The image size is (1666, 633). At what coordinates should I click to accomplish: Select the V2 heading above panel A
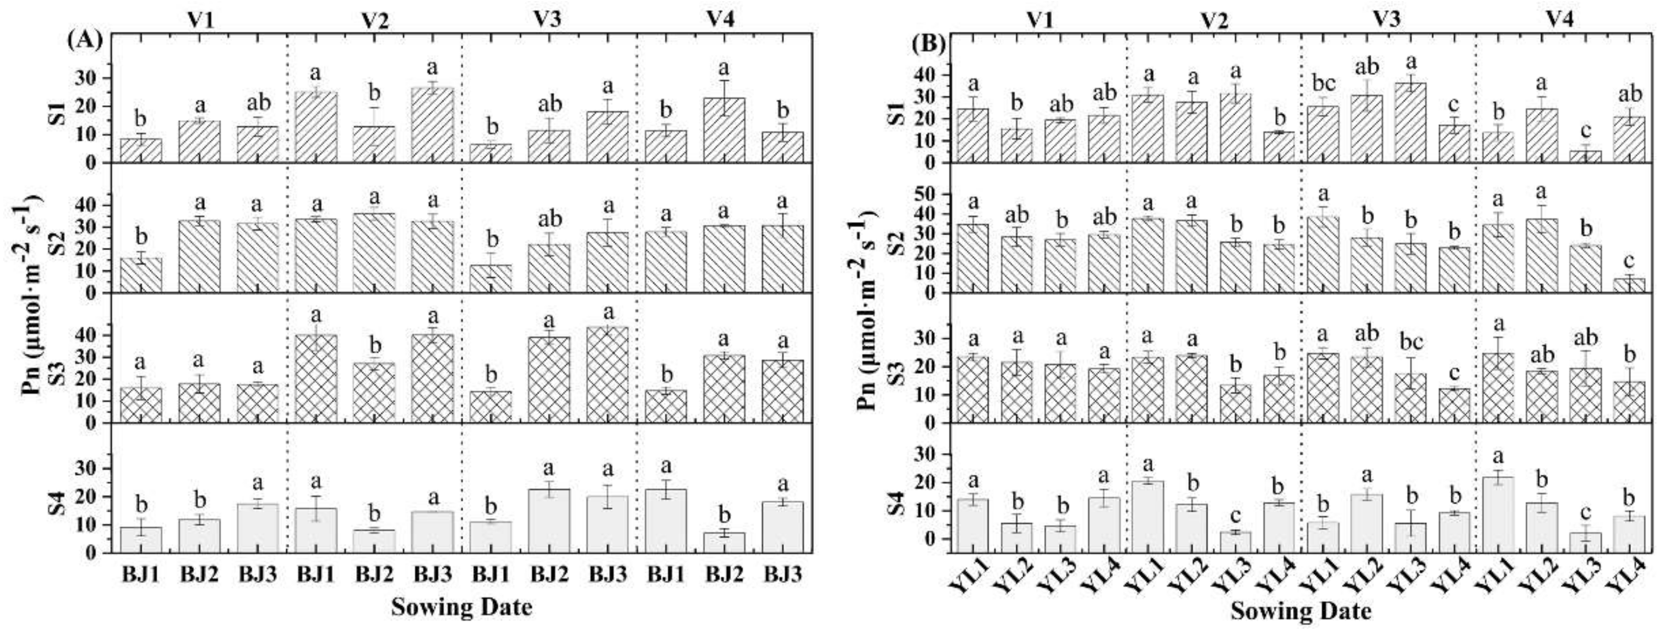click(375, 19)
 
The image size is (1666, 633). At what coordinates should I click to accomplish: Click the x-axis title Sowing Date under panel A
click(462, 606)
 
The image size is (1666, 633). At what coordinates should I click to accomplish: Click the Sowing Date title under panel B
click(1300, 610)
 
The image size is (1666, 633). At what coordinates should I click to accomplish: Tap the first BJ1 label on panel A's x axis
click(140, 575)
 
